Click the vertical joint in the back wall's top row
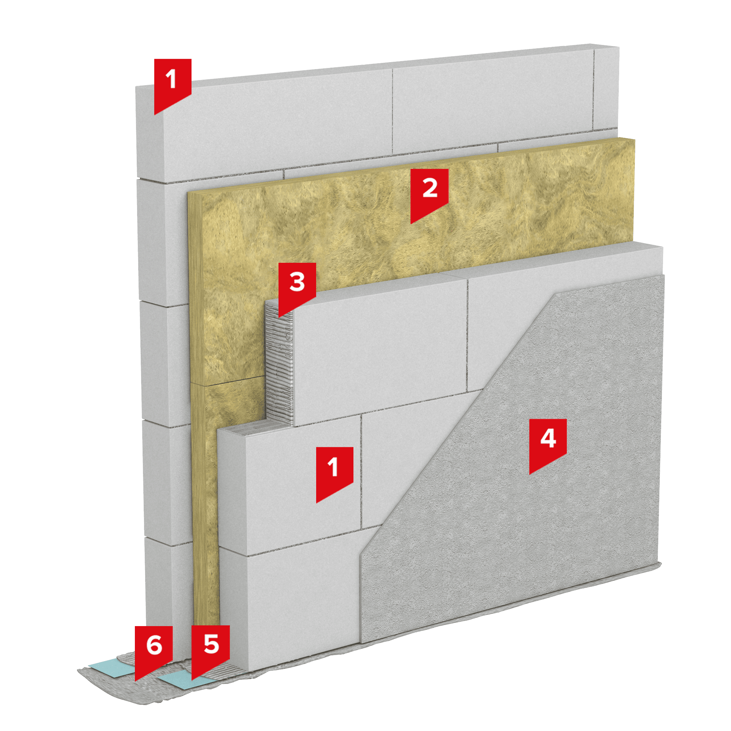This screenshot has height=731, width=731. tap(392, 111)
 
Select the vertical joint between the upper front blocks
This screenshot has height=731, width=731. tap(467, 335)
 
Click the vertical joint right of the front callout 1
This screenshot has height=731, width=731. tap(361, 471)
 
